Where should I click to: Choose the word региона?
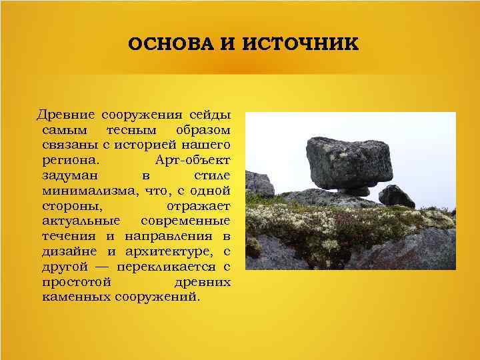pos(70,160)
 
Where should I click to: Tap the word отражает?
pos(198,205)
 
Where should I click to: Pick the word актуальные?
pos(81,220)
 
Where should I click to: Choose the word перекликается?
pos(169,267)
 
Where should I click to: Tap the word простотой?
pos(72,282)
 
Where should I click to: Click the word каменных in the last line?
pos(75,297)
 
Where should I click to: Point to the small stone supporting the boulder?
pos(353,191)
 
